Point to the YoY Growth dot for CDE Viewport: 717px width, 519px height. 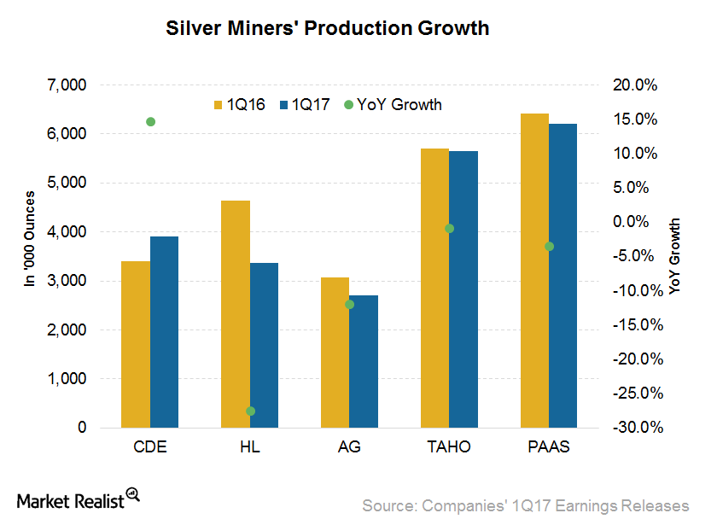151,122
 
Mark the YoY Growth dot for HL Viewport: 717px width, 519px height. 250,411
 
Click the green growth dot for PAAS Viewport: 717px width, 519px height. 549,247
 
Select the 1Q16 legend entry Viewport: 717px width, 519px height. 239,105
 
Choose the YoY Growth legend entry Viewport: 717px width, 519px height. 393,105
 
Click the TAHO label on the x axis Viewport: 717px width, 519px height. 450,448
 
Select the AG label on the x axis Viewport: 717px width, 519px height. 350,448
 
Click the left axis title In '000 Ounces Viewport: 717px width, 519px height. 30,255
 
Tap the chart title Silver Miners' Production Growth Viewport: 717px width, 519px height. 327,28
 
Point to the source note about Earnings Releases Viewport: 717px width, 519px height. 525,504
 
